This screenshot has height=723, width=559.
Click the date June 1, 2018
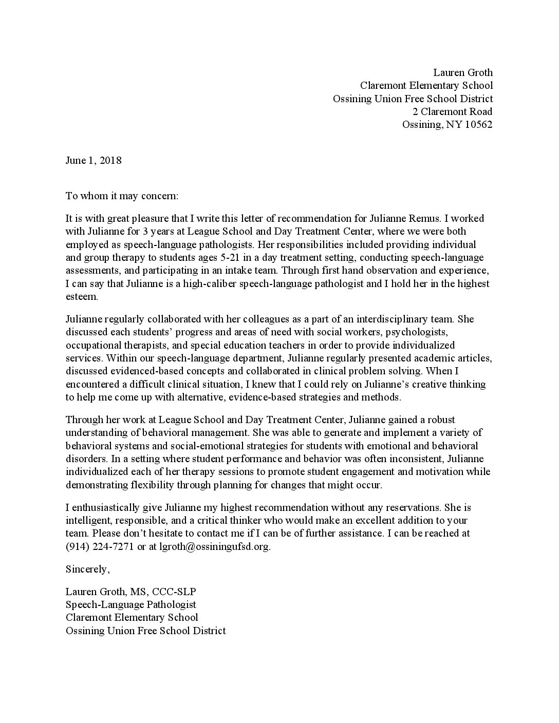tap(94, 160)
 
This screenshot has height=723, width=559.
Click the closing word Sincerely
tap(87, 569)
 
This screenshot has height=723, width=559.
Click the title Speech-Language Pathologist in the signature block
tap(131, 605)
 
